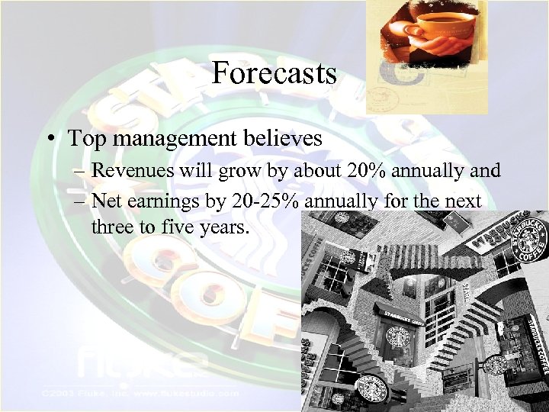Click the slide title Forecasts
pos(274,74)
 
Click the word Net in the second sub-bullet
pos(105,201)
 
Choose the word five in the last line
pos(175,227)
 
